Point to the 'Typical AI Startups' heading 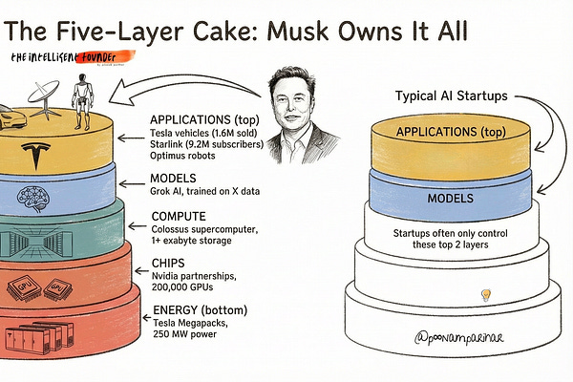(x=452, y=96)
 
